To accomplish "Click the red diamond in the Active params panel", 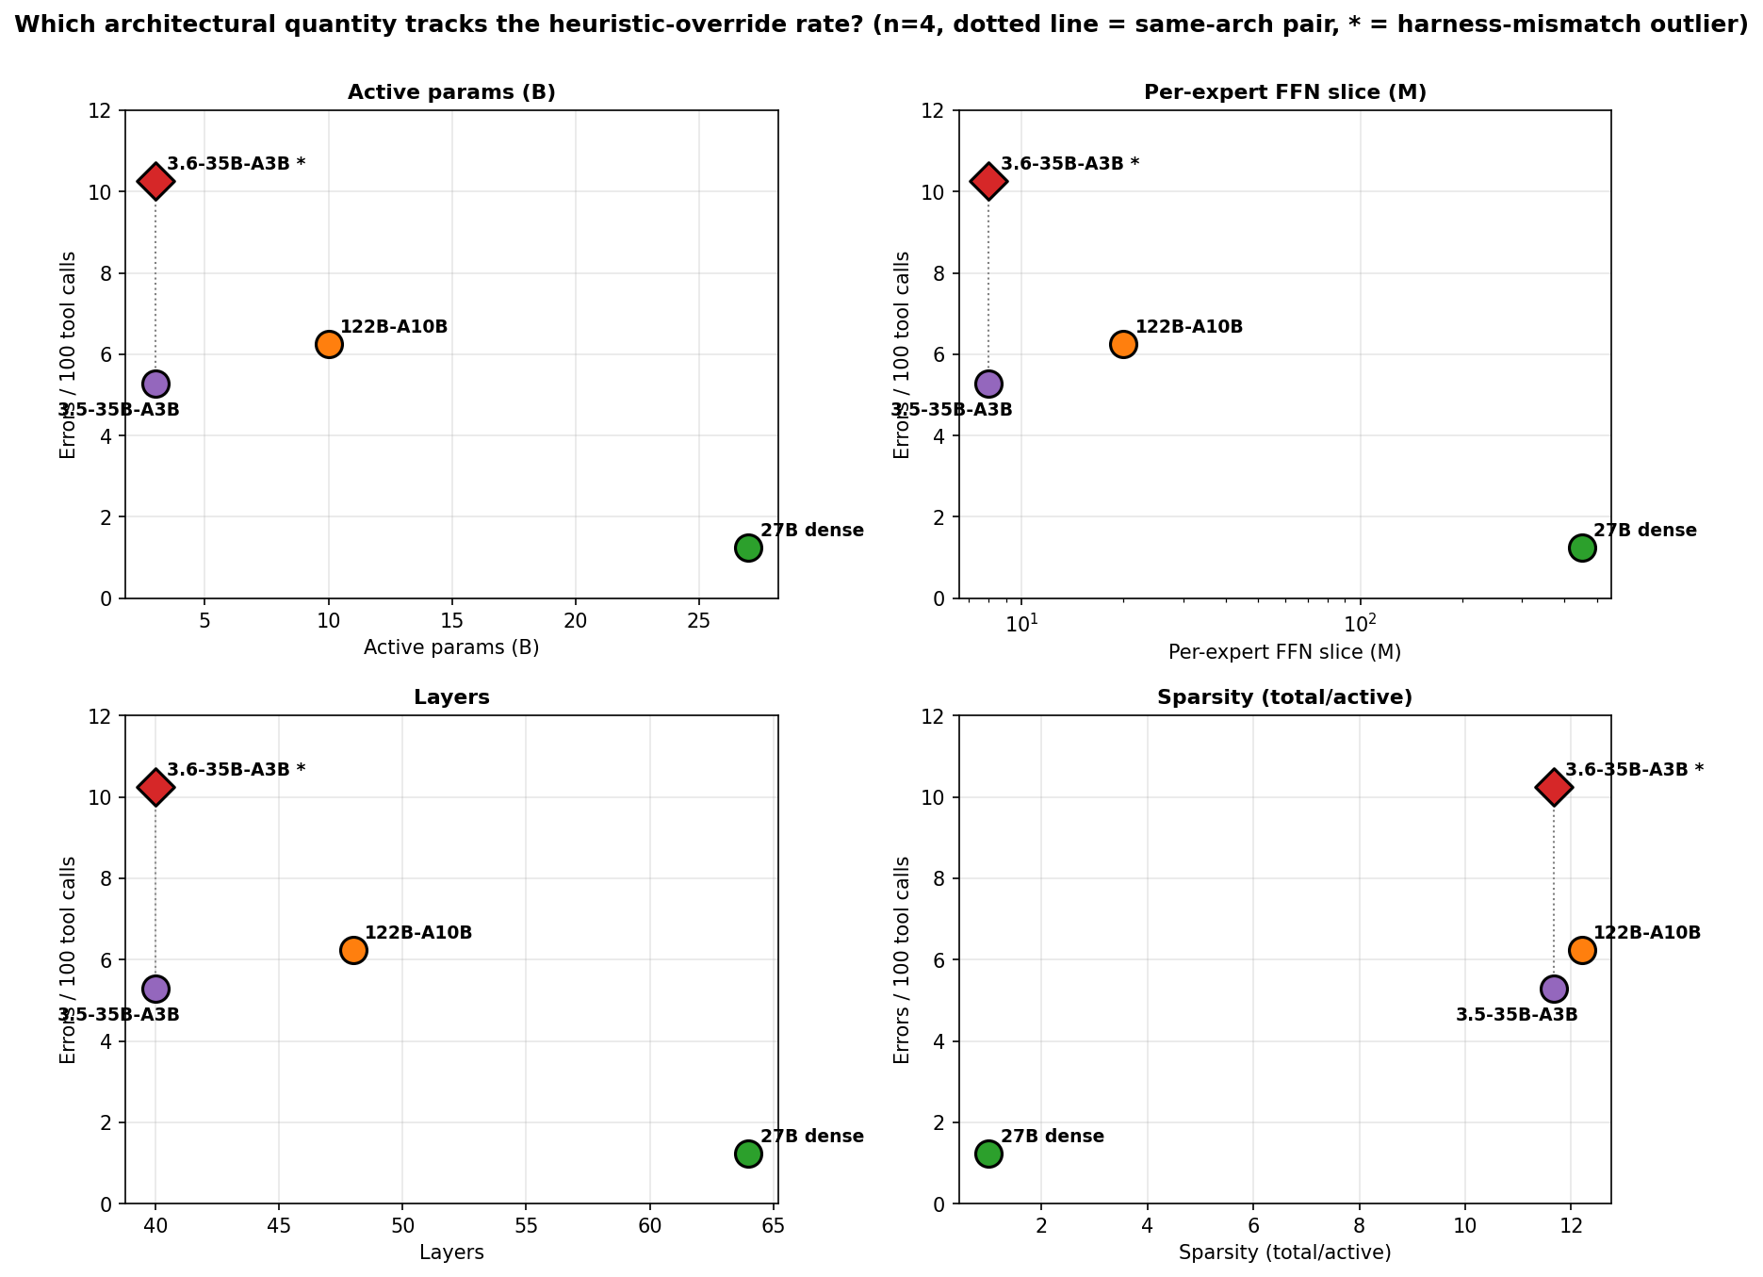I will point(155,181).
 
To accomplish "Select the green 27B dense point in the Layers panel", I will point(748,1154).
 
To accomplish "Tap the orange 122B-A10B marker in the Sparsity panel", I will point(1582,950).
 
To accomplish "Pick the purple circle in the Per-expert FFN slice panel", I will point(988,384).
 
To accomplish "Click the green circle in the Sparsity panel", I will point(988,1154).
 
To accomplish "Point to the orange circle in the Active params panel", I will point(329,344).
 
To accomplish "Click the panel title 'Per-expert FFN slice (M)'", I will point(1284,92).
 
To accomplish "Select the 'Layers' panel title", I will point(451,698).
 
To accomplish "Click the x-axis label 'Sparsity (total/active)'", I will point(1284,1253).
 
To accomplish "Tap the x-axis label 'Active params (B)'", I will point(451,648).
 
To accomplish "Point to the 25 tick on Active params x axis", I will point(698,622).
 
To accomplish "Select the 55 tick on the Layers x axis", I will point(526,1227).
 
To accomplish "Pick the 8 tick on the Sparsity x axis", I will point(1359,1227).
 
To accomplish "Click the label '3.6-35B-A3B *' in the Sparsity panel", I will point(1634,770).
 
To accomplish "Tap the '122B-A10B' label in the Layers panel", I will point(418,933).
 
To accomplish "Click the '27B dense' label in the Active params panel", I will point(812,531).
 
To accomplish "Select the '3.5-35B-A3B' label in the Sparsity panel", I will point(1516,1015).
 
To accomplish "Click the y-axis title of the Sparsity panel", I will point(902,959).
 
